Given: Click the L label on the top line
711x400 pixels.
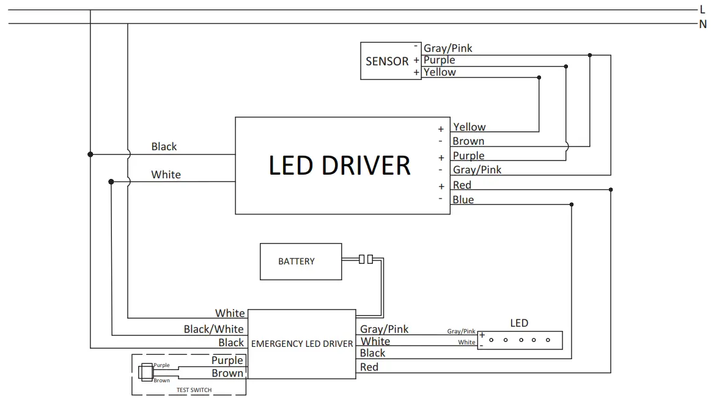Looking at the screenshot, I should (702, 10).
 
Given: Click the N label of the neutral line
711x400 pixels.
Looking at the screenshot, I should (702, 24).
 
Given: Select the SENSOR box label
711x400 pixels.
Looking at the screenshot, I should (387, 61).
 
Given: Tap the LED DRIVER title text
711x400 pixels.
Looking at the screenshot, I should (339, 165).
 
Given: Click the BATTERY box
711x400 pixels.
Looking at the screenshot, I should (300, 261).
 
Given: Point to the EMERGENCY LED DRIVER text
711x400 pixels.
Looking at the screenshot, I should (302, 344).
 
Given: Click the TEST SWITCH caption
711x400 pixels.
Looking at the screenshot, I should (194, 390).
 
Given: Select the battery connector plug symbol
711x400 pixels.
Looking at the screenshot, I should (366, 260).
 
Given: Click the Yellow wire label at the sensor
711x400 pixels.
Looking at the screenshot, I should (440, 72).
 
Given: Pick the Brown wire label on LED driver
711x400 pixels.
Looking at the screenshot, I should (468, 141).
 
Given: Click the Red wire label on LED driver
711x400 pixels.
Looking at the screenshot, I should (462, 185).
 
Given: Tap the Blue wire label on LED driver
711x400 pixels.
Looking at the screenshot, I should (463, 200).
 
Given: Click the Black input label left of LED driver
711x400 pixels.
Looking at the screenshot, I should (164, 147).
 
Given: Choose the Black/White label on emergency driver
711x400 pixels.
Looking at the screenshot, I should (213, 329).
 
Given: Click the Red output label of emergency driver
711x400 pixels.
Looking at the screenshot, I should (369, 367).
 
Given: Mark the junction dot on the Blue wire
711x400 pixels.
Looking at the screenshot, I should (571, 205).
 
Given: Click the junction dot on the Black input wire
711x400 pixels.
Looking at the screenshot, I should (90, 155).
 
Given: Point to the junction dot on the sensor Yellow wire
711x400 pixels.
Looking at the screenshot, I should (539, 78).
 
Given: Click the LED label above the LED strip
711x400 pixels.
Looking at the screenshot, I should (519, 323).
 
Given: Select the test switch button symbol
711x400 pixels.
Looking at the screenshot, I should (146, 372).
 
